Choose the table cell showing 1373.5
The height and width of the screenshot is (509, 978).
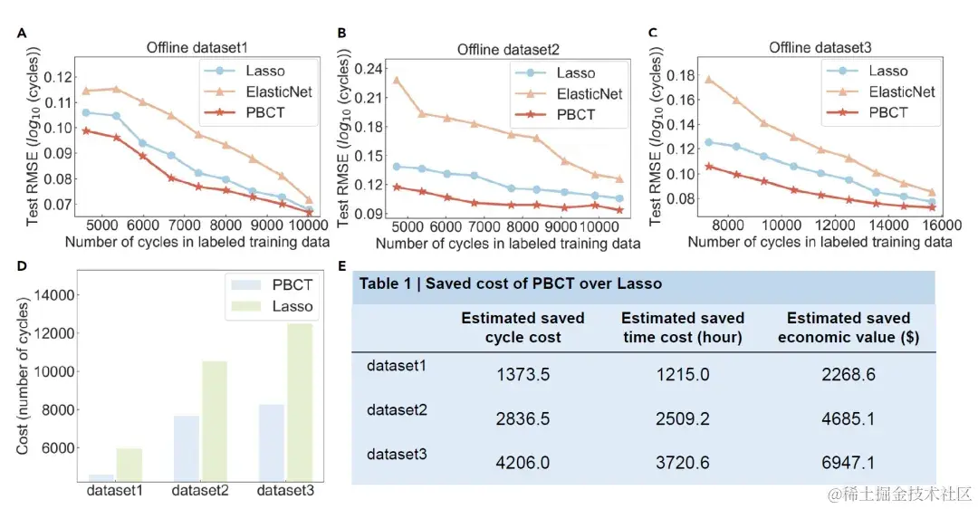tap(523, 374)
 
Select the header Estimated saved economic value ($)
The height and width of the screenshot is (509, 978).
tap(849, 327)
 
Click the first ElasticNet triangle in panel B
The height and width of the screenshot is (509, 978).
tap(397, 80)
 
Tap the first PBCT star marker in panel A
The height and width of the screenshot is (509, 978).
tap(86, 130)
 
